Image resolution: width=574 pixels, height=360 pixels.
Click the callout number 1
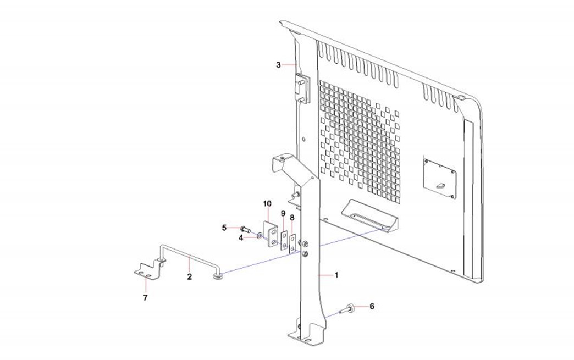(336, 275)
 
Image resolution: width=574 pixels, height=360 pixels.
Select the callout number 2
(189, 276)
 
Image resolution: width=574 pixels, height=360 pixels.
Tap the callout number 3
(279, 65)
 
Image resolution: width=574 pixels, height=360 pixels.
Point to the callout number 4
(241, 237)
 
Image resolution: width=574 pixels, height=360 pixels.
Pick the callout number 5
(224, 228)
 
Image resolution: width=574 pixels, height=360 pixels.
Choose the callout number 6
(372, 306)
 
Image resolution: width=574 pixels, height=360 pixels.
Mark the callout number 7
(145, 297)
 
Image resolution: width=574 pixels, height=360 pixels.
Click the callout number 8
(292, 217)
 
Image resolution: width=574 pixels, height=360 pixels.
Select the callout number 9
(283, 213)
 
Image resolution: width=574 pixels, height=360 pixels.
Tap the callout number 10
(267, 203)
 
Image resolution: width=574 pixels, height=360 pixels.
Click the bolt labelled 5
(245, 229)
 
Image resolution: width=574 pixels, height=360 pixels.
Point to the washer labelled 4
(259, 237)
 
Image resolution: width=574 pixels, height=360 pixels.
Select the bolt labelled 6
(349, 310)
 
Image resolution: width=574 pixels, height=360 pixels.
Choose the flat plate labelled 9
(284, 240)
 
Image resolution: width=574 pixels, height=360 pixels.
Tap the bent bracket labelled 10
(272, 234)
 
